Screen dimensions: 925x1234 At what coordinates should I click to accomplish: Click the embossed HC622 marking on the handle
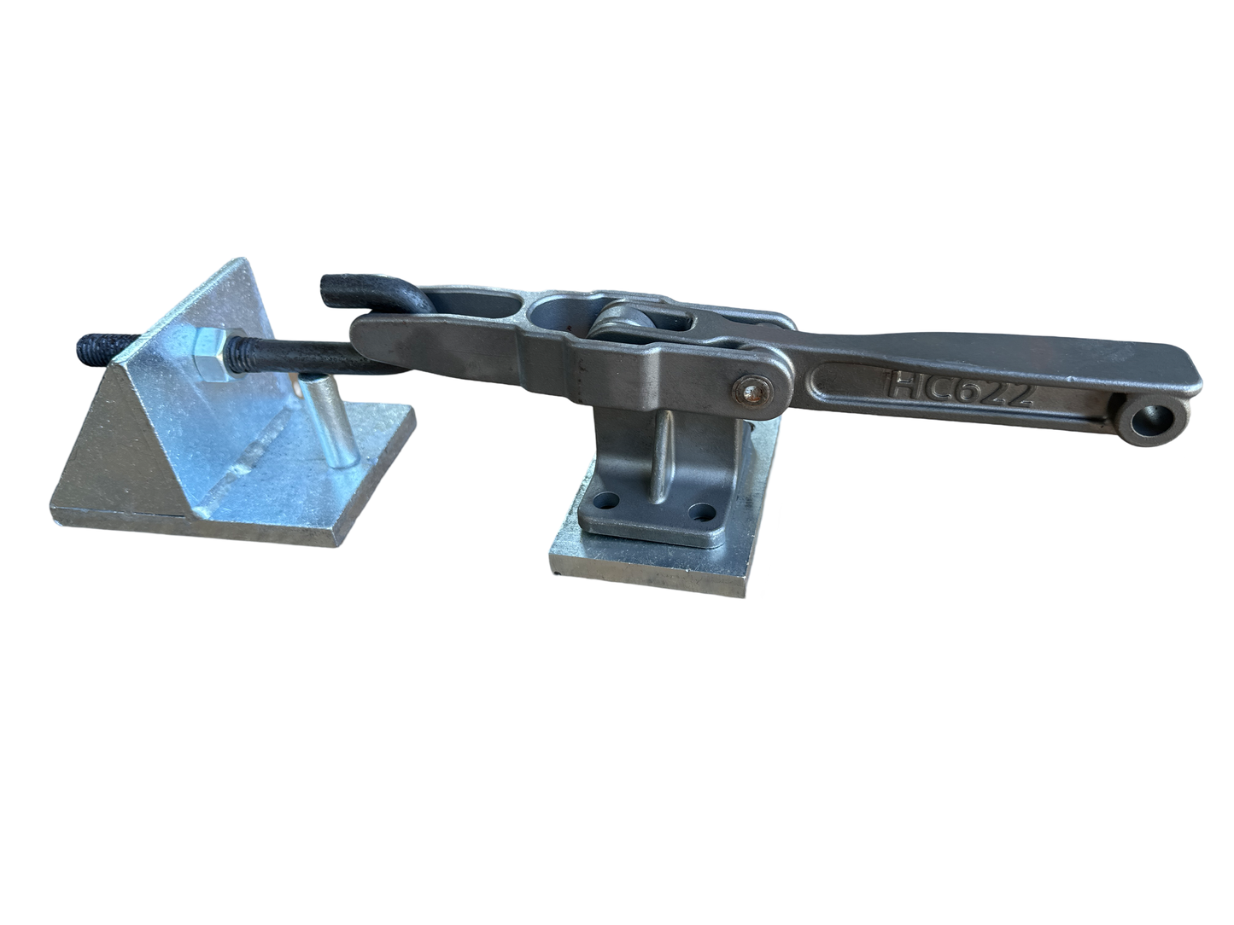pos(962,385)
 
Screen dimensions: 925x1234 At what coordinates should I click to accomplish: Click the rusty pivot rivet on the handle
pos(752,391)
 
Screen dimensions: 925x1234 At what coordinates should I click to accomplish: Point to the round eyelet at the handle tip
pos(1153,420)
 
